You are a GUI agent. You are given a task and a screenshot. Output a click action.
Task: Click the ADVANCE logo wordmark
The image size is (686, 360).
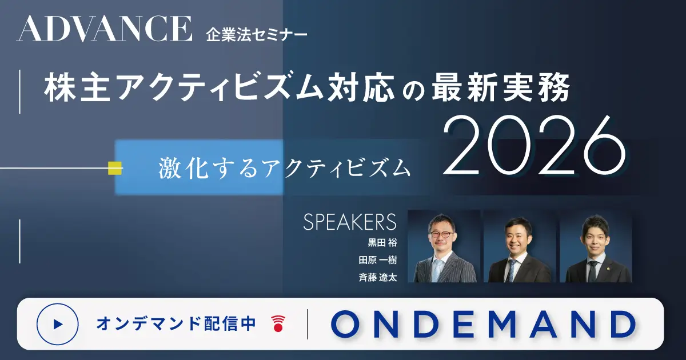click(105, 29)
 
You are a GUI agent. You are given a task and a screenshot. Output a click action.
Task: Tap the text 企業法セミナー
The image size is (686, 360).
click(257, 35)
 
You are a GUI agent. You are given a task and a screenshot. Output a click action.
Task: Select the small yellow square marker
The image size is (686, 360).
click(115, 168)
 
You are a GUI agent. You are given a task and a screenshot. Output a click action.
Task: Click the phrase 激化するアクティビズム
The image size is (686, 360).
click(285, 169)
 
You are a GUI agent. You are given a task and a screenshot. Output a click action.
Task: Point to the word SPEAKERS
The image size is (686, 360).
click(350, 222)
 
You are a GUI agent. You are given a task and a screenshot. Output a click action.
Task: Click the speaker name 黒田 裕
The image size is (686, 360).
click(382, 243)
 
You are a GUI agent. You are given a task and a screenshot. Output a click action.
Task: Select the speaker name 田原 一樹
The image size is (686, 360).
click(378, 260)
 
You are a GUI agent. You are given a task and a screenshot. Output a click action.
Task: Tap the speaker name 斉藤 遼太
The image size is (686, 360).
click(378, 277)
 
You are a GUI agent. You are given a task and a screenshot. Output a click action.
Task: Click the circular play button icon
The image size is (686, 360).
click(58, 324)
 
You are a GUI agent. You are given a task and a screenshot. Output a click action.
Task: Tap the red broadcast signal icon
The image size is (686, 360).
click(278, 323)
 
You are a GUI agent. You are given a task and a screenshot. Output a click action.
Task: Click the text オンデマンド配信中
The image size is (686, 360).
click(176, 323)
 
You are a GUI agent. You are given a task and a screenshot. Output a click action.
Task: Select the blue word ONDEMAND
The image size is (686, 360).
click(483, 324)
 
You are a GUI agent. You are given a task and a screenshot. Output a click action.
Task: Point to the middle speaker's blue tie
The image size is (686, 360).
click(509, 271)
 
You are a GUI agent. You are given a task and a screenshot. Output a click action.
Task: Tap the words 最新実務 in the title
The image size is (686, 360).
click(501, 87)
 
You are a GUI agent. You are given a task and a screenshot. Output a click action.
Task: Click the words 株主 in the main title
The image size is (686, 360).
click(77, 87)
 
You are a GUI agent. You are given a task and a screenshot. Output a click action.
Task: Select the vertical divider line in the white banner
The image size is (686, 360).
click(307, 324)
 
